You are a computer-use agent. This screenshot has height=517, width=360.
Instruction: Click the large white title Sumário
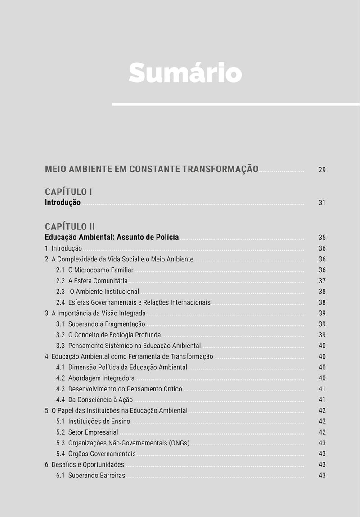click(185, 72)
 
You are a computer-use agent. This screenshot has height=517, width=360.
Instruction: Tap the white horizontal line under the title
click(235, 104)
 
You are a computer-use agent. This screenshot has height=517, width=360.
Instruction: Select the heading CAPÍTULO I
click(68, 192)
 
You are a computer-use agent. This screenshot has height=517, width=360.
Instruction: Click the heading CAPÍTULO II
click(70, 226)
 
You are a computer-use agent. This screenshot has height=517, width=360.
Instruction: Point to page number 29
click(322, 170)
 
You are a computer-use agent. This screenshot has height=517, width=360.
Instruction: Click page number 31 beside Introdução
click(322, 203)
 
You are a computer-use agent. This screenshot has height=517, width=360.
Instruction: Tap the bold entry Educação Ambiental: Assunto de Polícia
click(112, 237)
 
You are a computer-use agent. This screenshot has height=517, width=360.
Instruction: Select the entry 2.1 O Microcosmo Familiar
click(94, 270)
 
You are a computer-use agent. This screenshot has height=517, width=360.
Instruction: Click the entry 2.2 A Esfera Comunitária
click(92, 281)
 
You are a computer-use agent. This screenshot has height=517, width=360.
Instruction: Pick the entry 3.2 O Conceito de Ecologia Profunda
click(108, 335)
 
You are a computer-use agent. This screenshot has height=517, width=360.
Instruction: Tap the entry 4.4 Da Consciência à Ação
click(94, 400)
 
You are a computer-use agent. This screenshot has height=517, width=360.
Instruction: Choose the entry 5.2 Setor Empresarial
click(87, 432)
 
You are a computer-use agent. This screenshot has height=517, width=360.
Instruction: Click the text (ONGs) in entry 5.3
click(180, 443)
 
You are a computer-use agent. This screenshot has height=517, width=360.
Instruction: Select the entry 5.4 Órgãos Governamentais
click(96, 454)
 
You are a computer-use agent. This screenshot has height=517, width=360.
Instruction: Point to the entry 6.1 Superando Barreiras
click(90, 475)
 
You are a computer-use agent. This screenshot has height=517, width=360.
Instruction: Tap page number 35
click(322, 238)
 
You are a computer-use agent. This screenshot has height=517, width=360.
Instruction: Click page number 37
click(322, 281)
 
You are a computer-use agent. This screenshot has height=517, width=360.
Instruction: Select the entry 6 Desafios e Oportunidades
click(84, 464)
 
